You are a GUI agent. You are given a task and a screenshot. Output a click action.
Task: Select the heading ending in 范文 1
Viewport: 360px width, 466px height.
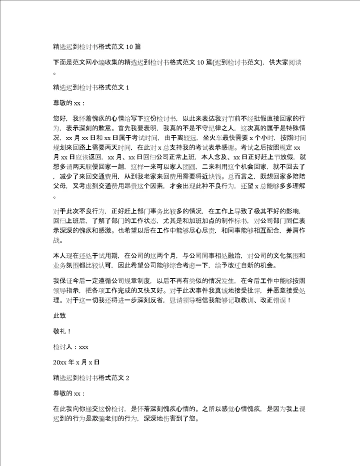coord(91,88)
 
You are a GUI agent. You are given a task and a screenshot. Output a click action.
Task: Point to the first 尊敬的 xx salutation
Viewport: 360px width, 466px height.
coord(69,103)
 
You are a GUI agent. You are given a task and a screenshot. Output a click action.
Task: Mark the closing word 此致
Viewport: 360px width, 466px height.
coord(59,315)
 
